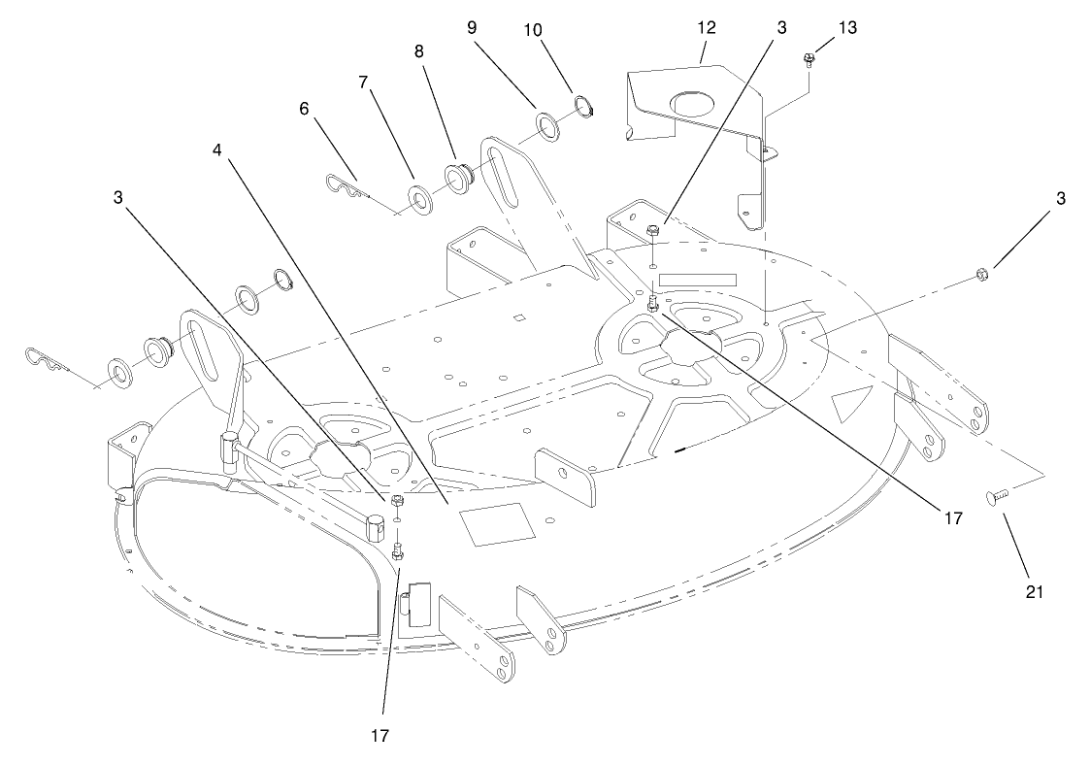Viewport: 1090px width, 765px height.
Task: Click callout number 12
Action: (707, 28)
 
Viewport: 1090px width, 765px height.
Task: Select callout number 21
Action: (1035, 592)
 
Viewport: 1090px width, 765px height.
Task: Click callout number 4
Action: (217, 150)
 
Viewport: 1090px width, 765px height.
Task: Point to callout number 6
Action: (304, 109)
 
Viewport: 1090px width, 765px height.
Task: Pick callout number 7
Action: (363, 83)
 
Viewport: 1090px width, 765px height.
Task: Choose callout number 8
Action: (418, 52)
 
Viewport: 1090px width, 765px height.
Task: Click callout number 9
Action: (472, 28)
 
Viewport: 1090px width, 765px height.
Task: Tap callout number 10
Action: (533, 30)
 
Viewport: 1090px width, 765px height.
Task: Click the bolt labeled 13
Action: (809, 58)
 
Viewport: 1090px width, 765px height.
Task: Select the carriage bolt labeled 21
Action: (996, 497)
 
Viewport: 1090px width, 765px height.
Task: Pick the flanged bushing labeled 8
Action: (457, 180)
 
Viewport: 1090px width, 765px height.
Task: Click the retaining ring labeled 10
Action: (584, 108)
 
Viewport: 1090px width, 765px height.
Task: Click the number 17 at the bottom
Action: (380, 735)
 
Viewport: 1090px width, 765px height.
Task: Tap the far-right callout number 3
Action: (1060, 199)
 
